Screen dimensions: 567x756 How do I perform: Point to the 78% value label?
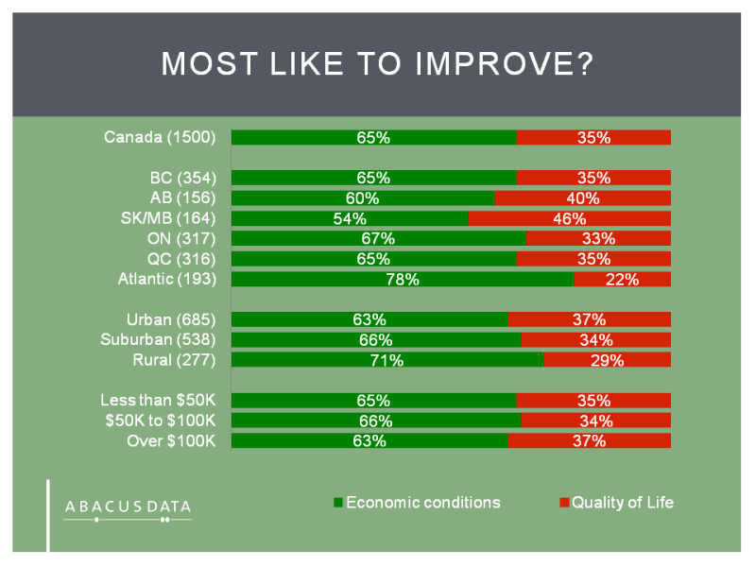tap(401, 279)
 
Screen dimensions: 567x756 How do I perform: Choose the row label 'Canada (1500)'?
tap(160, 138)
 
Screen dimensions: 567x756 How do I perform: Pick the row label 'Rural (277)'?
tap(174, 360)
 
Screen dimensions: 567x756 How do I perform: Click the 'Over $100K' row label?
tap(172, 440)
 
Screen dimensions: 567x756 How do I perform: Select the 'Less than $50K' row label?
tap(159, 400)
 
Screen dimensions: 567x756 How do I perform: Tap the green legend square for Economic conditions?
tap(338, 503)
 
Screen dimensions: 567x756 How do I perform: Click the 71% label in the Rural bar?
tap(387, 360)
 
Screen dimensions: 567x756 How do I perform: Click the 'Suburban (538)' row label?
tap(159, 340)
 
